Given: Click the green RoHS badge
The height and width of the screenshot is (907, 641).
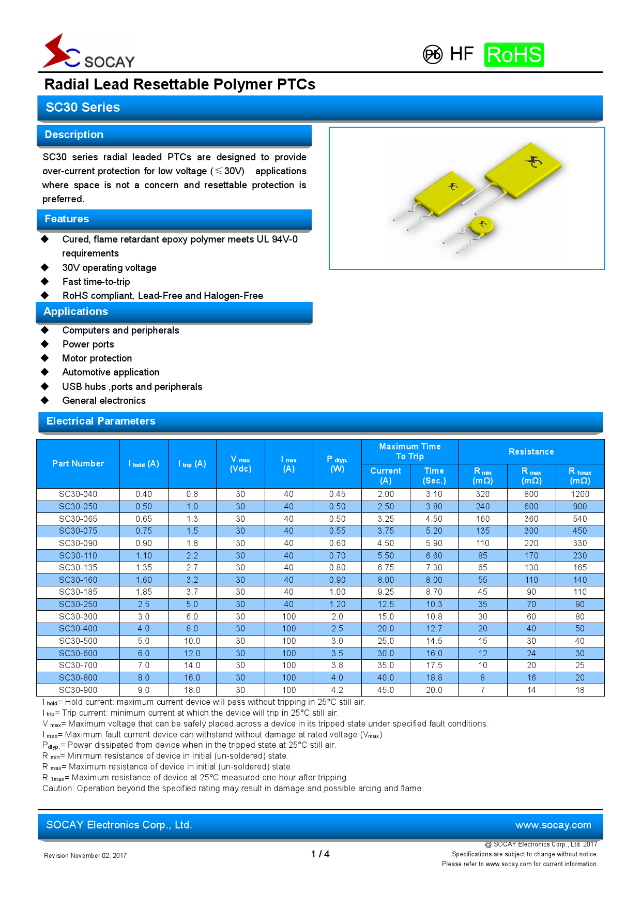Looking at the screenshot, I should pyautogui.click(x=514, y=55).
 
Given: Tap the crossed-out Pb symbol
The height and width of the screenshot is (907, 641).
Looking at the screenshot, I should pyautogui.click(x=433, y=54).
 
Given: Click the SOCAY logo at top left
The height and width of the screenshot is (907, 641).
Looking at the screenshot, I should pyautogui.click(x=89, y=52).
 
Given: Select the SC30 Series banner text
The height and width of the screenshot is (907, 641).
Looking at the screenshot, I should pyautogui.click(x=83, y=108).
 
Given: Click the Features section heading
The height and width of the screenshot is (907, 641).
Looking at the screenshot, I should pyautogui.click(x=67, y=219).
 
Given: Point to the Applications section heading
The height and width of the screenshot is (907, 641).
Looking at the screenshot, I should pyautogui.click(x=75, y=311).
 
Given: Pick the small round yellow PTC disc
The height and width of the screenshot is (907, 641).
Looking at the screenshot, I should pyautogui.click(x=482, y=225).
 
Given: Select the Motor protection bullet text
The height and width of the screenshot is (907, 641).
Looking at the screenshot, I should pyautogui.click(x=97, y=358).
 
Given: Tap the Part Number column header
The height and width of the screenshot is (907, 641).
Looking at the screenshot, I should pyautogui.click(x=78, y=463).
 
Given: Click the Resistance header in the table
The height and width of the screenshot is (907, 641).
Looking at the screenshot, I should pyautogui.click(x=531, y=451).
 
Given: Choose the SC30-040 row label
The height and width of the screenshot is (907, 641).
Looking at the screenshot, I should pyautogui.click(x=78, y=494).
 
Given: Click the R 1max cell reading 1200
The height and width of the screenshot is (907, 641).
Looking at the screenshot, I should pyautogui.click(x=579, y=494).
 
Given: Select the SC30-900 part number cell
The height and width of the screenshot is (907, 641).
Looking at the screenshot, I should pyautogui.click(x=78, y=690).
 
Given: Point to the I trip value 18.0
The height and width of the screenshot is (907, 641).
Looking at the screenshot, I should pyautogui.click(x=192, y=690).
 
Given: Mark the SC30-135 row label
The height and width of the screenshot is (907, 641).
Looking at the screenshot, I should pyautogui.click(x=78, y=568).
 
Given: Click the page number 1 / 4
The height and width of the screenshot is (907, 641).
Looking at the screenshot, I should pyautogui.click(x=320, y=854).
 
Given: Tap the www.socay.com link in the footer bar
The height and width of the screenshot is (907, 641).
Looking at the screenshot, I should pyautogui.click(x=553, y=825).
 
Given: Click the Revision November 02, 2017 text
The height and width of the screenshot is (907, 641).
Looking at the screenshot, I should pyautogui.click(x=85, y=855).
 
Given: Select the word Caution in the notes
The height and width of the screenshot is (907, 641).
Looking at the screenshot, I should pyautogui.click(x=57, y=788).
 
